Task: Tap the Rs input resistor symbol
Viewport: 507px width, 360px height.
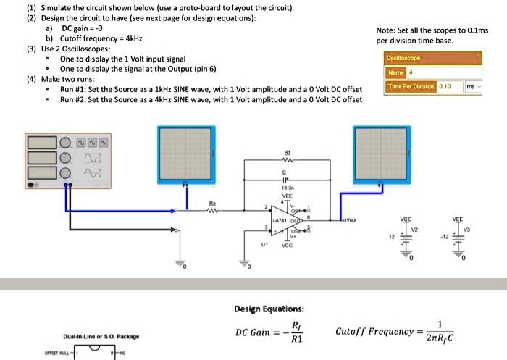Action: [x=212, y=212]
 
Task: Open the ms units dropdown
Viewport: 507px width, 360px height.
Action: [x=473, y=86]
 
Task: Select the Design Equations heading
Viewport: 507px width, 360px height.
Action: [x=264, y=309]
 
